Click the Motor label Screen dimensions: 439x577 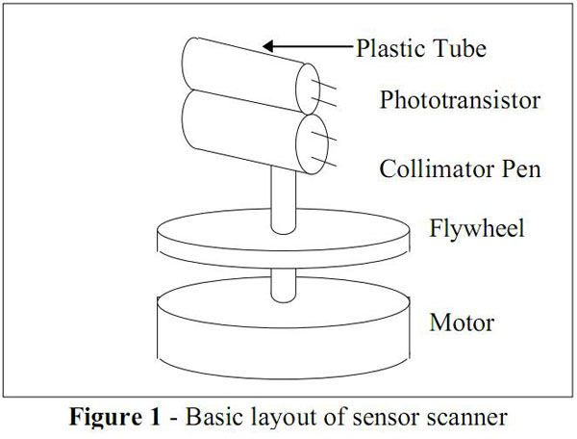pyautogui.click(x=464, y=323)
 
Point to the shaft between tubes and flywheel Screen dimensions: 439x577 pyautogui.click(x=282, y=197)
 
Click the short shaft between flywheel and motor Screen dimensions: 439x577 pyautogui.click(x=282, y=281)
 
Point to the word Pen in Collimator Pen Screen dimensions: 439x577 pyautogui.click(x=519, y=169)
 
